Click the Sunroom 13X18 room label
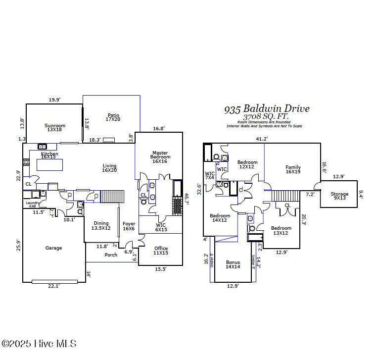[54, 128]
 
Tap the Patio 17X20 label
[112, 116]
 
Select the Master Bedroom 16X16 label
[160, 157]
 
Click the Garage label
[53, 248]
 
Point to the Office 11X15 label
[161, 251]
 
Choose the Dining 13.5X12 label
[101, 225]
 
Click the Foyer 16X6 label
[129, 226]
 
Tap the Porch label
[111, 255]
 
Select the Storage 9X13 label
[339, 196]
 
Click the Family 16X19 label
[293, 169]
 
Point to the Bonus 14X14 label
[233, 264]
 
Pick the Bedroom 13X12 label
[281, 231]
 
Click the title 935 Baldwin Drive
[267, 108]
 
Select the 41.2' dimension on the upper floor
[261, 139]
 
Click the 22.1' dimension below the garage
[53, 286]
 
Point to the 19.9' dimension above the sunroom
[54, 100]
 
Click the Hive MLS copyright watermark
[39, 343]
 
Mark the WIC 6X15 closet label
[161, 227]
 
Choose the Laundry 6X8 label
[33, 204]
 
